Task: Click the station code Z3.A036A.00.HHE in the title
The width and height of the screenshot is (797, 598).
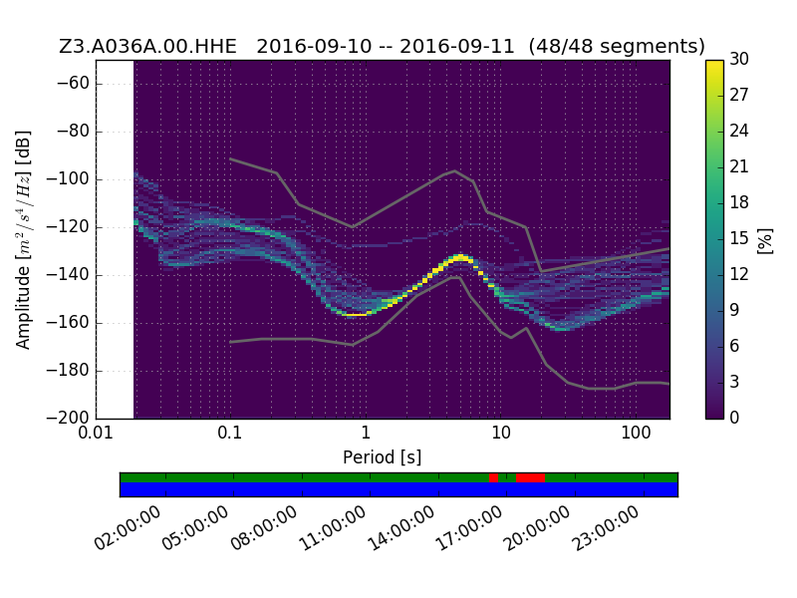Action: (x=147, y=46)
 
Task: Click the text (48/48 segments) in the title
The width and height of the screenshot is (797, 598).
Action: (x=617, y=46)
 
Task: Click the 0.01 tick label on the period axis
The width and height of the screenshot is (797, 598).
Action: (x=96, y=433)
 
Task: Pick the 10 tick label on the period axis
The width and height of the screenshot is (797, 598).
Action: (x=501, y=433)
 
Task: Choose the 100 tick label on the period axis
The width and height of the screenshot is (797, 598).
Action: (x=636, y=433)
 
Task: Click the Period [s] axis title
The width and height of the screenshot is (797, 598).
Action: (x=383, y=457)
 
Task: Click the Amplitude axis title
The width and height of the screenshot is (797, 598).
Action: (x=23, y=240)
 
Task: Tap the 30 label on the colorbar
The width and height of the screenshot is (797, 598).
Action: (x=739, y=59)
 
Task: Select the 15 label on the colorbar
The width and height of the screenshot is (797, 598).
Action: (x=739, y=238)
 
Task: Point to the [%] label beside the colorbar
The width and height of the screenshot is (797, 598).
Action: (x=765, y=240)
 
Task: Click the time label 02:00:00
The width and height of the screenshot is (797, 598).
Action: (x=128, y=528)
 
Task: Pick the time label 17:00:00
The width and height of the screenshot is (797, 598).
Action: (x=469, y=528)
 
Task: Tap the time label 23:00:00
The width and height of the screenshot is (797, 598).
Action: (x=606, y=528)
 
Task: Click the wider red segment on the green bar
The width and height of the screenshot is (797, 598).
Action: (x=531, y=478)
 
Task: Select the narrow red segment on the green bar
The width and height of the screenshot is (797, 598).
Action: (x=493, y=478)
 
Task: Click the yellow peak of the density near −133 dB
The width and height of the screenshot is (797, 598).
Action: (x=460, y=257)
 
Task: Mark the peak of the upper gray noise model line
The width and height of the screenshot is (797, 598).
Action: (x=455, y=170)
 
